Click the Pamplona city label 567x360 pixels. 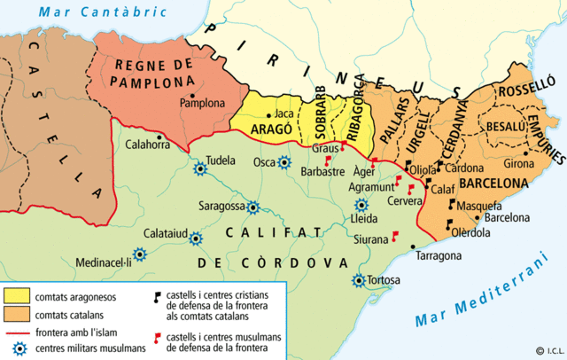pyautogui.click(x=203, y=103)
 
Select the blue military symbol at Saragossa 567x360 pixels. pyautogui.click(x=252, y=207)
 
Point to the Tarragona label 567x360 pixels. pyautogui.click(x=439, y=255)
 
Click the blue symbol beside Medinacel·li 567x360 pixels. pyautogui.click(x=139, y=253)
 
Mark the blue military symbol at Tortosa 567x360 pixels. pyautogui.click(x=359, y=280)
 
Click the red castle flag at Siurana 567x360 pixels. pyautogui.click(x=394, y=236)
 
